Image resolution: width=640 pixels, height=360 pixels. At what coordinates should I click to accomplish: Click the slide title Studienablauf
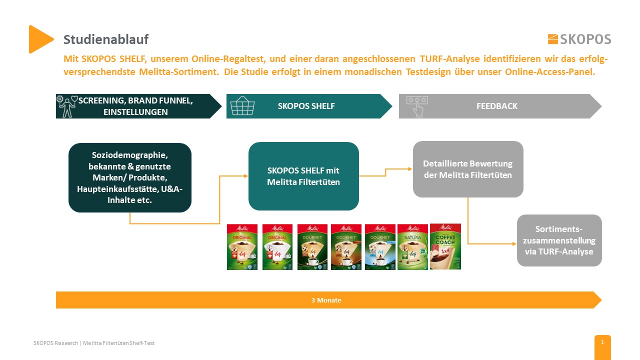pos(106,39)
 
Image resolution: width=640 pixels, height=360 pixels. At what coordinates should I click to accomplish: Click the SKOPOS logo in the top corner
pos(579,39)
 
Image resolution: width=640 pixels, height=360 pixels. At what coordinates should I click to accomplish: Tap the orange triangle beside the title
pos(40,39)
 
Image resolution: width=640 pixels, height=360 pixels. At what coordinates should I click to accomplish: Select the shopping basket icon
pos(242,106)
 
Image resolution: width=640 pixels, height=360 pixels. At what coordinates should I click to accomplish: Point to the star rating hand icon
pos(416,106)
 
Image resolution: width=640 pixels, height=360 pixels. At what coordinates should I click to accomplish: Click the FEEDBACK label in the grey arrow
pos(496,106)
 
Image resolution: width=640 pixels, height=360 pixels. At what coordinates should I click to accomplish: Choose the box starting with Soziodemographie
pos(130,177)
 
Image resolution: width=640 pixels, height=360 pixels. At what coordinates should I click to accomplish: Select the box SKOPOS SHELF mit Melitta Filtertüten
pos(303,176)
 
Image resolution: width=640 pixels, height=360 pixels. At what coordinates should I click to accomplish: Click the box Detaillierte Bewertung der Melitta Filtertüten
pos(467,169)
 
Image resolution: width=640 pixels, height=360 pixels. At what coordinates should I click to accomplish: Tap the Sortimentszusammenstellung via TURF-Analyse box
pos(559,240)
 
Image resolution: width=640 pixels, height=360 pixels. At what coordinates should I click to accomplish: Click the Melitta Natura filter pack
pos(412,246)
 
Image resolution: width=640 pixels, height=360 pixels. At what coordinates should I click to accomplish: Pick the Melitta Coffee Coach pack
pos(445,246)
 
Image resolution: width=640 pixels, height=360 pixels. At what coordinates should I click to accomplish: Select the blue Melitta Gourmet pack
pos(379,246)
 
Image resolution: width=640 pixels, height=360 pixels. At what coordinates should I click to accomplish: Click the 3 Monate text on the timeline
pos(326,300)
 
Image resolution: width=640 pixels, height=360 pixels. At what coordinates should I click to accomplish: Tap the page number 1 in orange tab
pos(602,342)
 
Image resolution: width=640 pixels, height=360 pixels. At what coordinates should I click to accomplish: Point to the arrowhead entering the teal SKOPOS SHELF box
pos(245,176)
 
